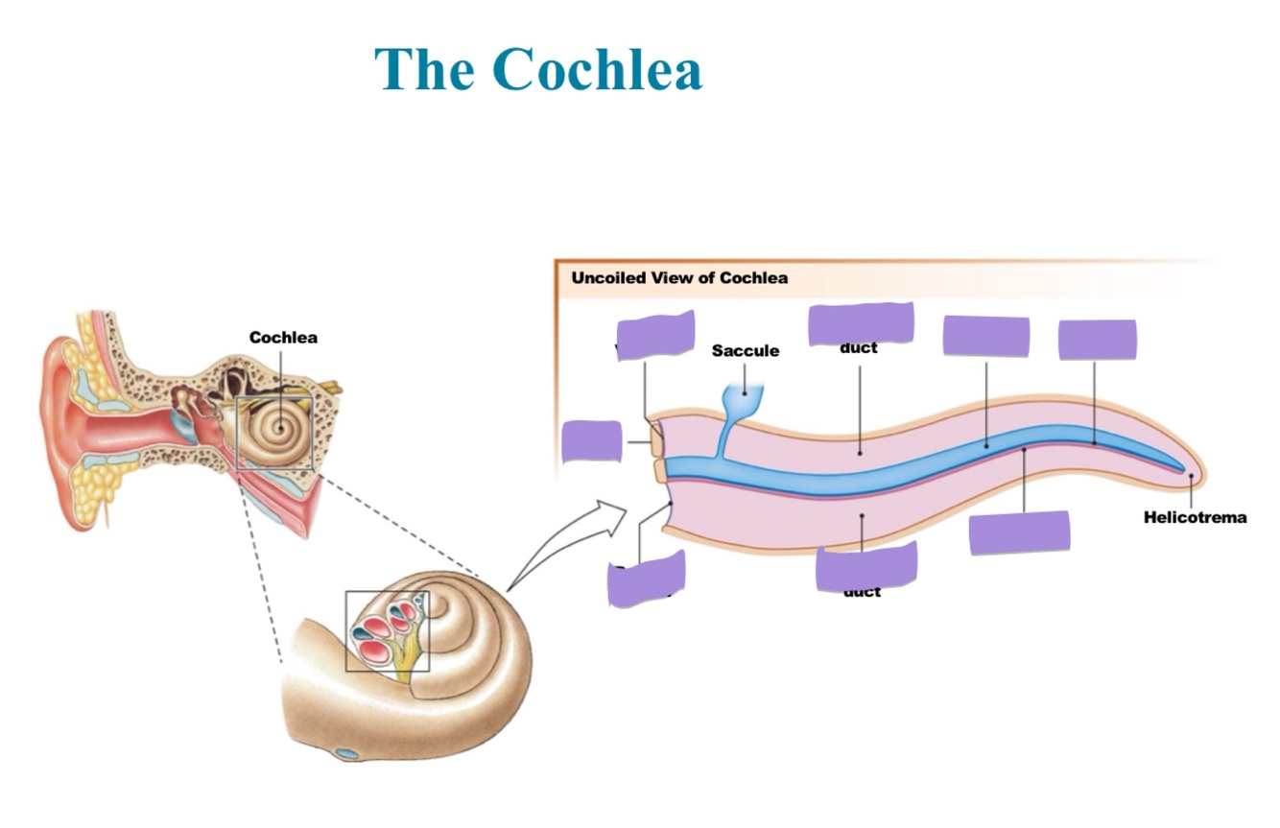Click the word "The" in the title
(422, 69)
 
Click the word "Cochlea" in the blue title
(598, 69)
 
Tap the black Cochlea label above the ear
(283, 338)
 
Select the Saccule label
(745, 351)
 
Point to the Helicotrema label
(1195, 518)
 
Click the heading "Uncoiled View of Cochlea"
(679, 278)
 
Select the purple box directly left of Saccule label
(655, 335)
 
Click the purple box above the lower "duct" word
(866, 565)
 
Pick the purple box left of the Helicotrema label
(1019, 532)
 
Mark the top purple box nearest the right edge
(1097, 340)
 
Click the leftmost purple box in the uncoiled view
(591, 440)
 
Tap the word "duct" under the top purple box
(858, 347)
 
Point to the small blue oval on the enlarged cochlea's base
(346, 754)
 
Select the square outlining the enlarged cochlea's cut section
(387, 630)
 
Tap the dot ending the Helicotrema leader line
(1191, 476)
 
